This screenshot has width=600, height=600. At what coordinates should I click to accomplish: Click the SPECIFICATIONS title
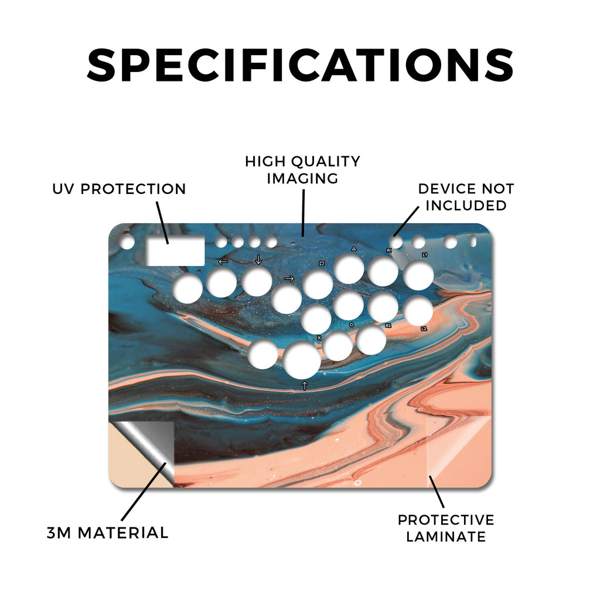pos(300,65)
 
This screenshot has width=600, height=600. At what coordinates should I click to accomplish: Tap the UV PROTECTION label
pos(119,189)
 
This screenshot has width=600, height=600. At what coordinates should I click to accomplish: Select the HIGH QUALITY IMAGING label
pos(302,170)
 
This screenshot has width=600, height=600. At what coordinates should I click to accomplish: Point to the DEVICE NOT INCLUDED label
pos(466,197)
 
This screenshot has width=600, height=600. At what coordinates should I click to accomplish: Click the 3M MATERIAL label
pos(108,533)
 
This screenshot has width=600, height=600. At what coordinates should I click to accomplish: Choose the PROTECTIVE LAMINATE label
pos(446,529)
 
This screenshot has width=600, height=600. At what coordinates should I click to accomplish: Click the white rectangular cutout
pos(176,251)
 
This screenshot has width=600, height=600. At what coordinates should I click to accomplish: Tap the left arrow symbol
pos(223,262)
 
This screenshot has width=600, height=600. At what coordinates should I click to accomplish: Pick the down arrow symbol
pos(258,260)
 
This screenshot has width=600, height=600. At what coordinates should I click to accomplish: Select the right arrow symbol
pos(289,278)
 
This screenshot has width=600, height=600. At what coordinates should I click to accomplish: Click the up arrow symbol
pos(305,386)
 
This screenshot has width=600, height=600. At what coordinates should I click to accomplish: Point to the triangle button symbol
pos(354,249)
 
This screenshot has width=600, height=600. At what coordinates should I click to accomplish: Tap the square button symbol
pos(322,264)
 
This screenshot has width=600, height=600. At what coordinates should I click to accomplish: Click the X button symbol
pos(319,338)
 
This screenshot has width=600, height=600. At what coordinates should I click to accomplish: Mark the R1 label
pos(389,251)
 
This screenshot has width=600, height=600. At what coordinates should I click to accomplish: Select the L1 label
pos(425,254)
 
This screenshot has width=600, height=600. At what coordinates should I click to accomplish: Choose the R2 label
pos(388,326)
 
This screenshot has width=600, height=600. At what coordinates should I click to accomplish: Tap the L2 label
pos(424,329)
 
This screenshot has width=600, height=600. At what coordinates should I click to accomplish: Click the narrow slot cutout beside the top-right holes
pos(473,241)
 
